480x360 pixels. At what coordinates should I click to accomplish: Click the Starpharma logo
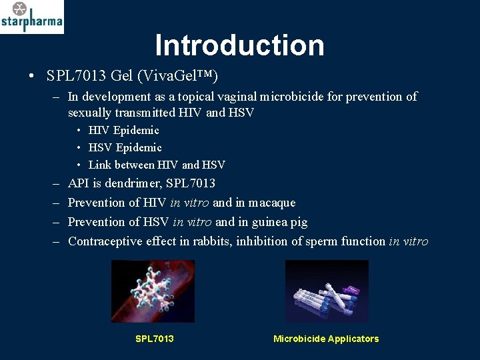(x=32, y=17)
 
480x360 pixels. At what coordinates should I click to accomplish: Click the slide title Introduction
(x=239, y=45)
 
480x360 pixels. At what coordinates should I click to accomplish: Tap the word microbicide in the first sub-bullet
(x=303, y=97)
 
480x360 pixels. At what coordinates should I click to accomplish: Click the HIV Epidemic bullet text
(x=123, y=130)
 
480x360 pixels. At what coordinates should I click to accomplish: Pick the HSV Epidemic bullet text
(x=125, y=147)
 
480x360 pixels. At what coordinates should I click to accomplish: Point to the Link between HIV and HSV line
(x=157, y=165)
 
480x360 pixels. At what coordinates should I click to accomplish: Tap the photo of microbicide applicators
(x=326, y=291)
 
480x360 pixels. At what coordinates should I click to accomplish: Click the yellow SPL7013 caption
(x=154, y=339)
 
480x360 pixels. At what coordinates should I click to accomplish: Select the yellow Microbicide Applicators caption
(x=325, y=339)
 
